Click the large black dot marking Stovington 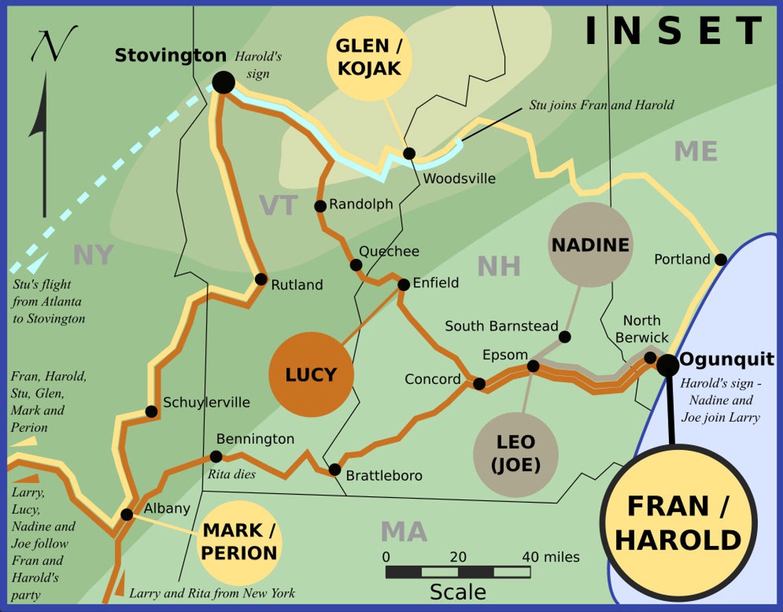pos(223,82)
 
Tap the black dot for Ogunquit pos(667,365)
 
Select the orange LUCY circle pos(311,374)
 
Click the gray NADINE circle pos(591,245)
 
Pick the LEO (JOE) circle pos(516,455)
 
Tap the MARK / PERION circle pos(239,542)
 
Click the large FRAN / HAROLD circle pos(678,523)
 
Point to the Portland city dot pos(720,260)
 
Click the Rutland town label pos(297,285)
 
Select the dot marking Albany pos(126,514)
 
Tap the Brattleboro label pos(384,476)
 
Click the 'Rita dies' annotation pos(231,475)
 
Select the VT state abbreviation pos(278,205)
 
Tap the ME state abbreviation pos(695,151)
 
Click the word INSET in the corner pos(673,31)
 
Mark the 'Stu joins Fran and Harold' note pos(601,105)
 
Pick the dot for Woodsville pos(409,153)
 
